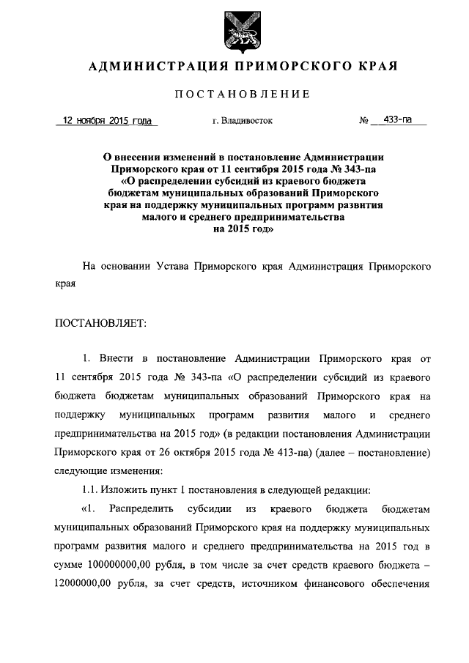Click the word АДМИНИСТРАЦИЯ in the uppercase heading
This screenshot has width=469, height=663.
pyautogui.click(x=149, y=67)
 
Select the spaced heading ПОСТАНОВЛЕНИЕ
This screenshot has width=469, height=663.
pyautogui.click(x=243, y=95)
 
